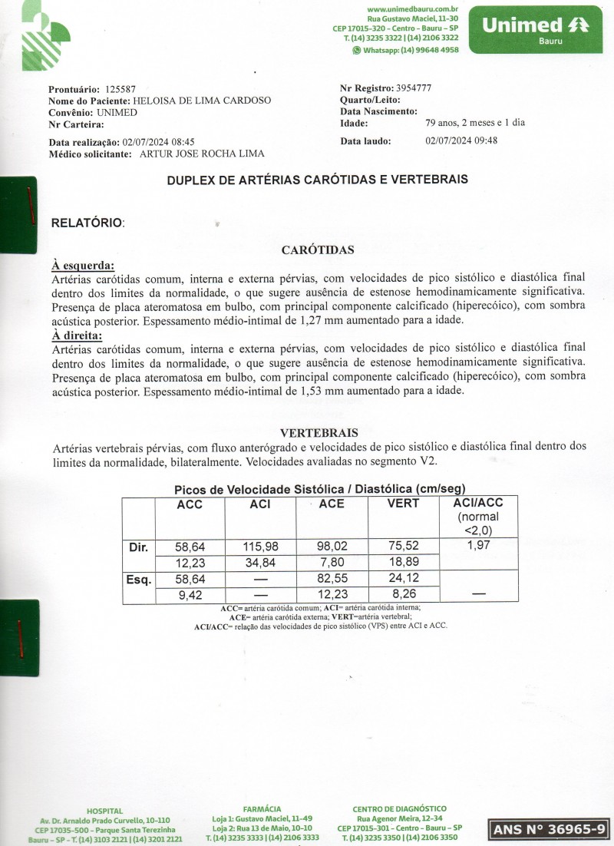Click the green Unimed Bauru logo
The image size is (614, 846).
click(x=536, y=29)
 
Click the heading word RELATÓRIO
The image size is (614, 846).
click(x=86, y=223)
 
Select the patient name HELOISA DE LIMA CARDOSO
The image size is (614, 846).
click(x=202, y=101)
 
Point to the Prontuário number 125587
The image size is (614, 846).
click(x=120, y=89)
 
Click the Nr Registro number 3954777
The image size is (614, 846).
click(x=413, y=88)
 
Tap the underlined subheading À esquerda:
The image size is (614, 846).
click(x=83, y=265)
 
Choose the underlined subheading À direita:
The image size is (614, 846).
click(x=77, y=335)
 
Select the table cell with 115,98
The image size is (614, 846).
click(x=259, y=547)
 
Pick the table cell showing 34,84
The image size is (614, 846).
click(x=259, y=563)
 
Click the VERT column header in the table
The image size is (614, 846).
click(x=403, y=504)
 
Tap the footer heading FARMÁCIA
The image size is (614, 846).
click(x=262, y=809)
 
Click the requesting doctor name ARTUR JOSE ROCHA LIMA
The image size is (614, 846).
click(x=202, y=154)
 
